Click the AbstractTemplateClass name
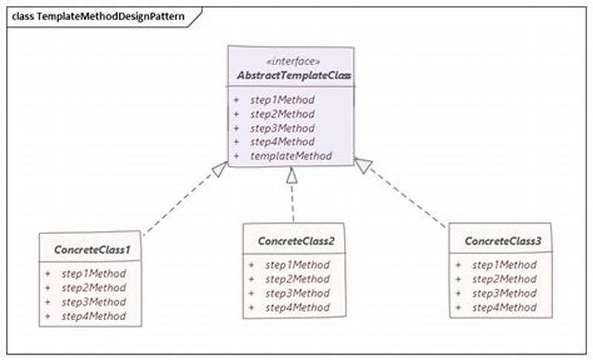(x=294, y=76)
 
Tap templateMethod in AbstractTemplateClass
(x=291, y=156)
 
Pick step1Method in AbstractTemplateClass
(x=282, y=99)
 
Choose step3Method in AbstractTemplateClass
(x=282, y=128)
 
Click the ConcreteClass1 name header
(x=92, y=251)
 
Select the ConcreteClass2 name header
(x=294, y=242)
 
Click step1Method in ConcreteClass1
(x=93, y=273)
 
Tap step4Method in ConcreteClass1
(x=93, y=316)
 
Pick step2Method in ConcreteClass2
(x=297, y=279)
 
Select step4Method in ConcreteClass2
(x=297, y=307)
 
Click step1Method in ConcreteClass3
(x=504, y=264)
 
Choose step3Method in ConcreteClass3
(x=504, y=293)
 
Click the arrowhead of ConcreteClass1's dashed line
(x=219, y=169)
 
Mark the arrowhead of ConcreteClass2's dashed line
(x=292, y=176)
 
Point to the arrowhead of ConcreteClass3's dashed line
(x=362, y=166)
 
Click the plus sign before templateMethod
(x=236, y=156)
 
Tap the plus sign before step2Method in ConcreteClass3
(x=458, y=279)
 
